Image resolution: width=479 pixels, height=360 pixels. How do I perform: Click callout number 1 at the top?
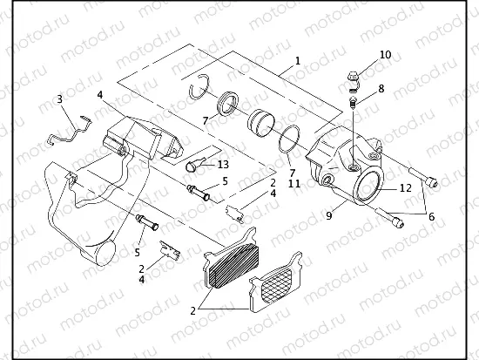coord(298,61)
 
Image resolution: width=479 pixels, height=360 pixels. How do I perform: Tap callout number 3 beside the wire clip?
coord(59,99)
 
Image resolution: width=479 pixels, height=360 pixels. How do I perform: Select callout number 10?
coord(386,54)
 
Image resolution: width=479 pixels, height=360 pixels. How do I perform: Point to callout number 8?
coord(381,88)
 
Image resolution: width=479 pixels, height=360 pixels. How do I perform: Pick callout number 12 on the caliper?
coord(406,187)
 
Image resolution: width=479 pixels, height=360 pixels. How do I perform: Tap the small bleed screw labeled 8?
coord(354,104)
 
